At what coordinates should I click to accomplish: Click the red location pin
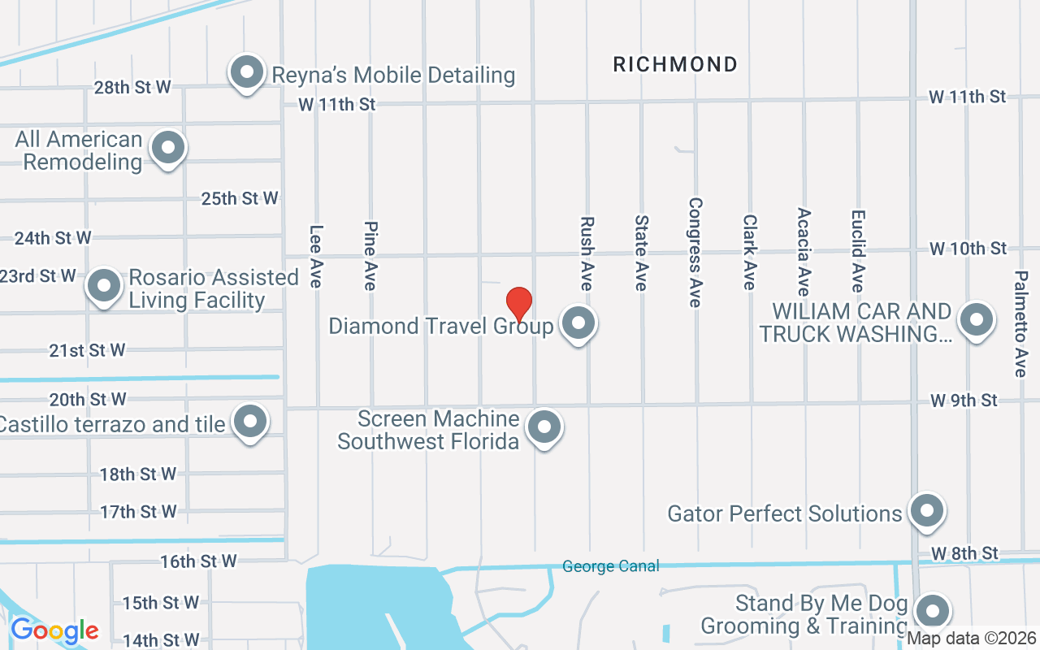(519, 305)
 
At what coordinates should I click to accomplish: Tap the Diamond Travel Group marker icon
(578, 323)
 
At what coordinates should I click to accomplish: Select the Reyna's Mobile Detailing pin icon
(246, 72)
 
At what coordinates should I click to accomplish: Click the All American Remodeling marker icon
(168, 149)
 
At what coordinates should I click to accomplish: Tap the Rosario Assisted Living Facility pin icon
(105, 286)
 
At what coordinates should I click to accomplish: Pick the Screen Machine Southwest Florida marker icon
(544, 427)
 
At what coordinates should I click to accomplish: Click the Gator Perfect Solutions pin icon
(926, 512)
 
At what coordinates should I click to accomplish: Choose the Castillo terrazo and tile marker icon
(250, 422)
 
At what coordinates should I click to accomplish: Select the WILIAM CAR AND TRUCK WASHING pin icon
(977, 320)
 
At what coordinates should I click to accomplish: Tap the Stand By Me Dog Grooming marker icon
(932, 611)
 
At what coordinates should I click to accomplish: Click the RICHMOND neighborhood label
(675, 64)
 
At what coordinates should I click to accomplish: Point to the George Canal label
(611, 566)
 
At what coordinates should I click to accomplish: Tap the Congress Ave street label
(695, 252)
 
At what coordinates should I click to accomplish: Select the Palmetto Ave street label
(1020, 323)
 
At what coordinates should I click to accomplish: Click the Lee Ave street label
(316, 256)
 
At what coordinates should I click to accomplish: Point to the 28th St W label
(132, 87)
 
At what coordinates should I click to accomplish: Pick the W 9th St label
(964, 400)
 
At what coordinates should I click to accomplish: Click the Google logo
(54, 630)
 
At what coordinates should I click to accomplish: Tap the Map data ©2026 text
(972, 639)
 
